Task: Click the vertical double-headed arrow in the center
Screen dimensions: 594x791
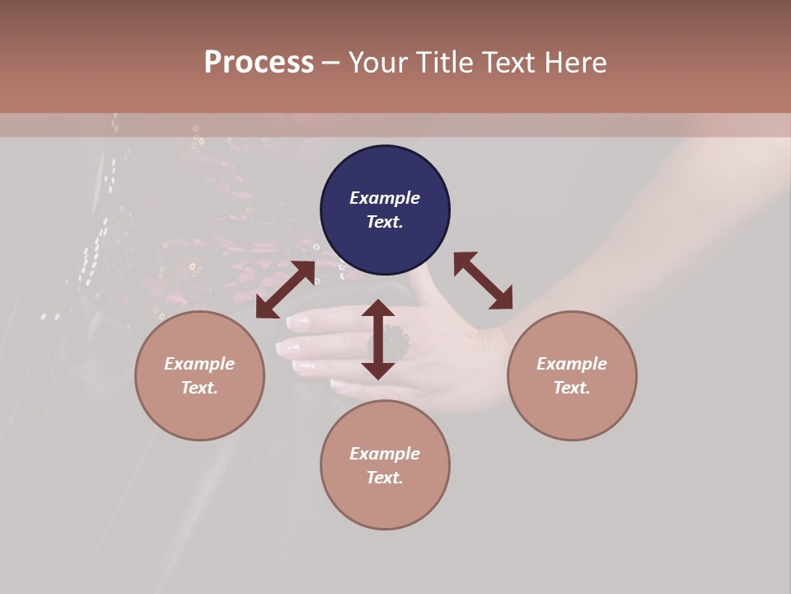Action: point(378,339)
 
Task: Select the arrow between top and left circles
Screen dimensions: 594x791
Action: point(285,290)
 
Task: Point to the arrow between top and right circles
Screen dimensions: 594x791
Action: point(484,280)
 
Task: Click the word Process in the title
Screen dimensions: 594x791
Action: point(259,62)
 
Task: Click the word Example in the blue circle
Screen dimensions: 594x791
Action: point(385,198)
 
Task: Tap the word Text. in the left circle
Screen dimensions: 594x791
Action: point(199,388)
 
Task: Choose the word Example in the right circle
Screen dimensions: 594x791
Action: point(572,364)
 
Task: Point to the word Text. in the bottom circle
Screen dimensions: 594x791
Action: point(385,478)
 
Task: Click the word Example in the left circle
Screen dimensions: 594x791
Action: point(199,364)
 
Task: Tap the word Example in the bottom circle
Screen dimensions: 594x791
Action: point(385,454)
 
